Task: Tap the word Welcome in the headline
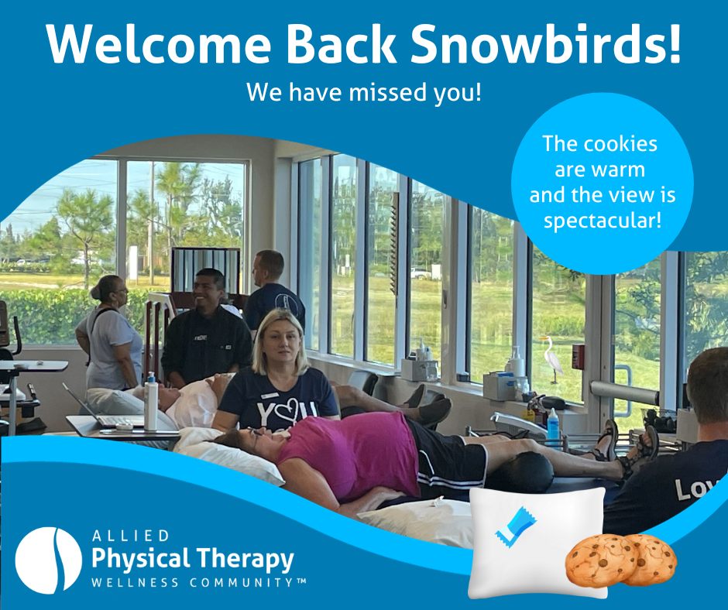158,43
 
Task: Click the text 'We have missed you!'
363,92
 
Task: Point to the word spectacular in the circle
603,221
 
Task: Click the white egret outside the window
552,358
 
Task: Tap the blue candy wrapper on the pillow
515,526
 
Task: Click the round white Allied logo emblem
48,560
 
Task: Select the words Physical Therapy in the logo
193,559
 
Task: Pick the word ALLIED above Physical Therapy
131,536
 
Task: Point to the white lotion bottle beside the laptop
151,402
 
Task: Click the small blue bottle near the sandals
553,424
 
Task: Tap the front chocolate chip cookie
603,560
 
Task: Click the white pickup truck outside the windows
421,273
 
